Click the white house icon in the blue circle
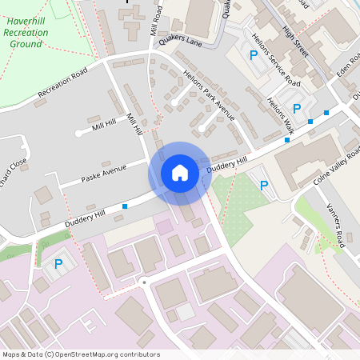[179, 173]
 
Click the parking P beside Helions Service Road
[254, 55]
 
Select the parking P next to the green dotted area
[264, 186]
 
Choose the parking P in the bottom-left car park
[58, 262]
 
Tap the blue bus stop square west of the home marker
[125, 206]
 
